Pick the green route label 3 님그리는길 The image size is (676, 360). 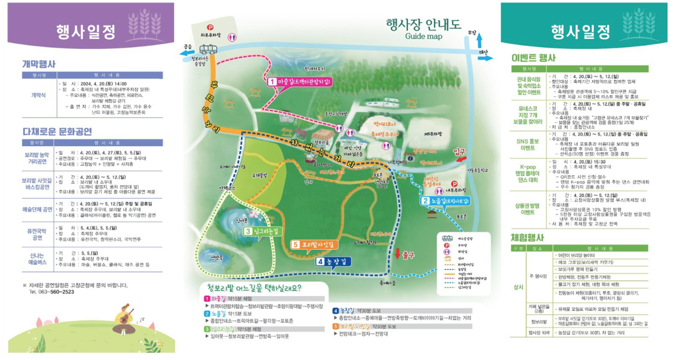pyautogui.click(x=263, y=231)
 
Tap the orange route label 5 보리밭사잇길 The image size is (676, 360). pyautogui.click(x=315, y=244)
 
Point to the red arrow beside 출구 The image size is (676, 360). pyautogui.click(x=397, y=253)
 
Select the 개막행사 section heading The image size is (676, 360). pyautogui.click(x=39, y=63)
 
